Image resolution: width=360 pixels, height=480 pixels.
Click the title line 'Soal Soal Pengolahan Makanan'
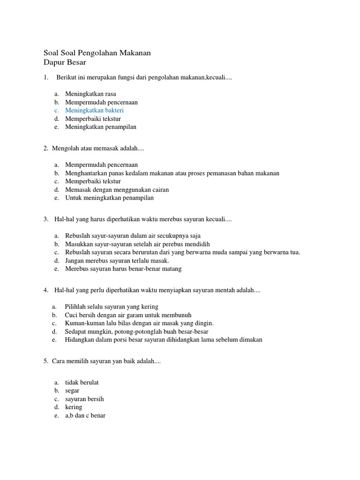[97, 53]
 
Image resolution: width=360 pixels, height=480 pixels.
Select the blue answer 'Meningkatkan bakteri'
[94, 110]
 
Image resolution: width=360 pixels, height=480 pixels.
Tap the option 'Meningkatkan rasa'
[90, 94]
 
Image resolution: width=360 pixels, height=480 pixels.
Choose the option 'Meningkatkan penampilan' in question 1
[101, 127]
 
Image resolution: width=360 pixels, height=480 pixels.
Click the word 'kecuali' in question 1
[216, 77]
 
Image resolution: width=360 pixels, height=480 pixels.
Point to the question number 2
[45, 148]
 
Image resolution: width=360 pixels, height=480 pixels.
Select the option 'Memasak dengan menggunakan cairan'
[117, 190]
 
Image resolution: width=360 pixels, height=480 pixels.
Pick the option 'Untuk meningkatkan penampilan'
[109, 198]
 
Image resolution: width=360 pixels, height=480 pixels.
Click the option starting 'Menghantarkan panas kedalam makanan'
[172, 173]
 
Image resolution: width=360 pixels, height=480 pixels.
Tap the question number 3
[45, 219]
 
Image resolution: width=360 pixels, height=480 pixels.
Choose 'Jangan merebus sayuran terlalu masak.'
[117, 261]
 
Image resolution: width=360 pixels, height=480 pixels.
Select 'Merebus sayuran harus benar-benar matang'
[123, 269]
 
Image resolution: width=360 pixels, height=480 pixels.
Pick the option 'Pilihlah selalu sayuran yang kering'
[112, 307]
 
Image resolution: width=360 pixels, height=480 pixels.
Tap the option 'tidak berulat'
[82, 382]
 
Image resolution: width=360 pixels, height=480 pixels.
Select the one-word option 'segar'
[72, 390]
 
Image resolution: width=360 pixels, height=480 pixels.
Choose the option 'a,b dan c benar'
[85, 415]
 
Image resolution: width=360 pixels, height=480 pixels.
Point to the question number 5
[45, 361]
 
